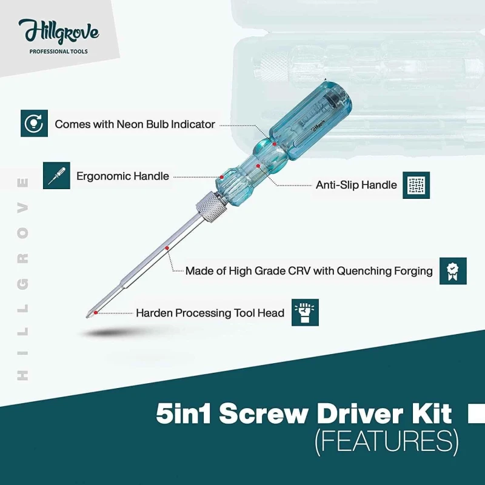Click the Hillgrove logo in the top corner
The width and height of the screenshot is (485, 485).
[x=58, y=31]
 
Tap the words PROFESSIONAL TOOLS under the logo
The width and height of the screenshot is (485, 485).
[x=58, y=52]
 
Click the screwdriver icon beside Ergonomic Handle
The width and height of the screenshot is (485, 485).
[x=56, y=175]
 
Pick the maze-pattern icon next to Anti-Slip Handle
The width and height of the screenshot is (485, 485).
[x=416, y=185]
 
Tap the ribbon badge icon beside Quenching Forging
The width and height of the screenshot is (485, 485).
[x=453, y=271]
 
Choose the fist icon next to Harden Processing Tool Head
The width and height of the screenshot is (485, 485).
[x=305, y=313]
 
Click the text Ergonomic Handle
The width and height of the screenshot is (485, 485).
[x=122, y=176]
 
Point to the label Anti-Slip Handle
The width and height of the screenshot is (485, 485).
[x=356, y=185]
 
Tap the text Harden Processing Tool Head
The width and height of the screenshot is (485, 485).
[x=210, y=313]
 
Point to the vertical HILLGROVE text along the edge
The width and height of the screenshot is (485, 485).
[x=24, y=279]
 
